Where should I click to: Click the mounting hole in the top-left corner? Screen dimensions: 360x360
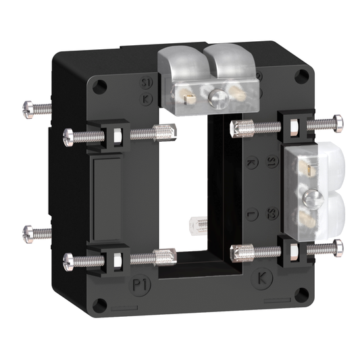101,86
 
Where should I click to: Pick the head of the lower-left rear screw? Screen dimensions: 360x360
30,233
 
